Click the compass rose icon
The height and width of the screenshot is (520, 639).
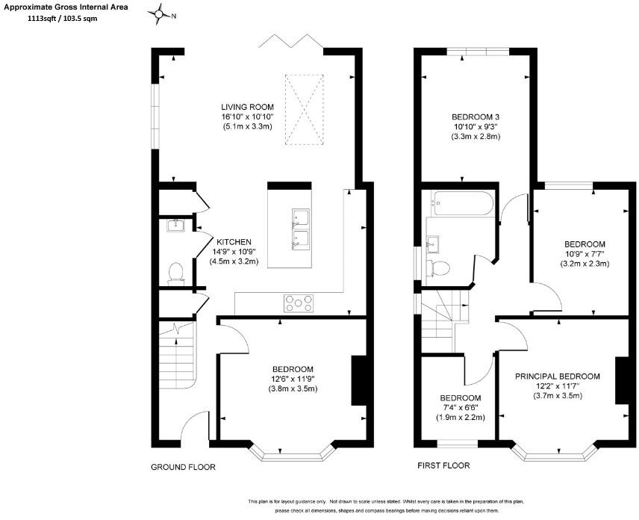160,14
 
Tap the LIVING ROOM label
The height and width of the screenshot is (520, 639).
247,106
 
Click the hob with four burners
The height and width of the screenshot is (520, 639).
299,303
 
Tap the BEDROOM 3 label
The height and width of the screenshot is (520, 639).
475,117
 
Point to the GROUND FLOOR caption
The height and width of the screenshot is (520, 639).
183,467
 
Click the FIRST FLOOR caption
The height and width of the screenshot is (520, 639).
443,465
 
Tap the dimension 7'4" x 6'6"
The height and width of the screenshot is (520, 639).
461,408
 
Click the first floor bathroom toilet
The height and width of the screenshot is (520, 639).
440,267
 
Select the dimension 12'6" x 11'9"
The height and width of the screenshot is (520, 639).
292,379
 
